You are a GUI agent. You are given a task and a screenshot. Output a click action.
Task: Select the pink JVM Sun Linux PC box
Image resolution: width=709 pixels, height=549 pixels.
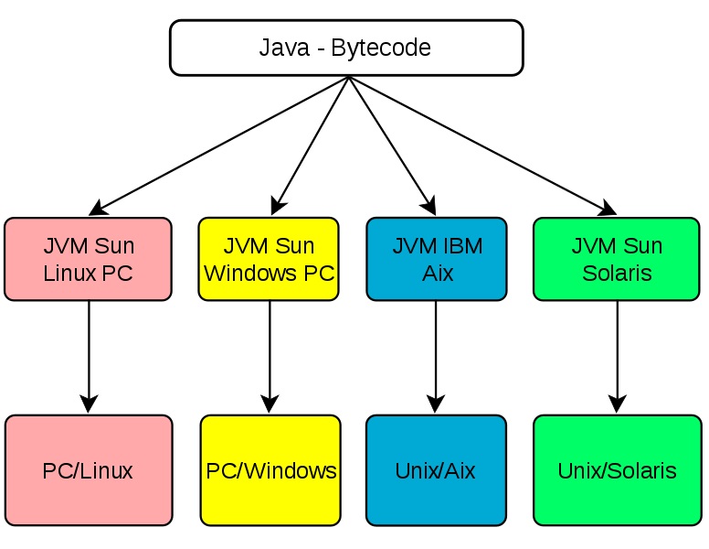tap(88, 259)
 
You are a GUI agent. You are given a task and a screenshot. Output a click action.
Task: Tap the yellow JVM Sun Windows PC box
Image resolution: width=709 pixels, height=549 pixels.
tap(269, 259)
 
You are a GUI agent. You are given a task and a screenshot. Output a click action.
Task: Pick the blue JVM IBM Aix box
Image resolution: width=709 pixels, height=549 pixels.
tap(436, 259)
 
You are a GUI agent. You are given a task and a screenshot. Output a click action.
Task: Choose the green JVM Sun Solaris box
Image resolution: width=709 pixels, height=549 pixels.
tap(617, 259)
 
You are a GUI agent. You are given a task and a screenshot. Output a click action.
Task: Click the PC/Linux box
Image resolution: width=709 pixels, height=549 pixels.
tap(88, 470)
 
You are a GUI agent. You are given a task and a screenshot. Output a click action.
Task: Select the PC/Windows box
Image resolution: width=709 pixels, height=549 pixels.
tap(270, 470)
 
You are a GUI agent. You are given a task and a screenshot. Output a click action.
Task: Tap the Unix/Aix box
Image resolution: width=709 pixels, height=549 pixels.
tap(436, 470)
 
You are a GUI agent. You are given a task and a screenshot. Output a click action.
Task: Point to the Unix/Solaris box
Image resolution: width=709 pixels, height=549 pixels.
tap(617, 470)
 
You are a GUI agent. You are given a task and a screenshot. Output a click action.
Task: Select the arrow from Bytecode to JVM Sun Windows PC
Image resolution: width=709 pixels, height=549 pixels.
tap(311, 142)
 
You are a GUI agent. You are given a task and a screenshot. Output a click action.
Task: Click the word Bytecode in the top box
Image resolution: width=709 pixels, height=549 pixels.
tap(381, 48)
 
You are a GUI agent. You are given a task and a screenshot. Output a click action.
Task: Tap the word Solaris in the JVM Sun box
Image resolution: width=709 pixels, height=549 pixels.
tap(617, 273)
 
